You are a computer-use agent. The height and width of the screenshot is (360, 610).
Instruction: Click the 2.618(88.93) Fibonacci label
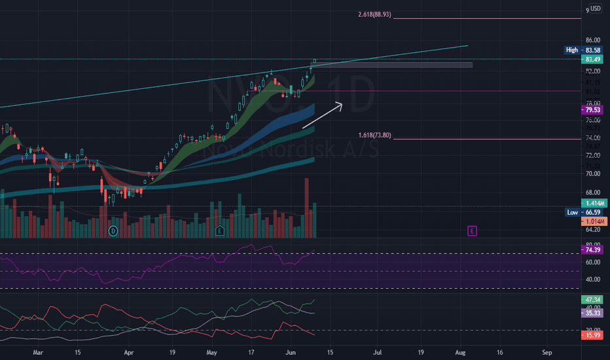[x=374, y=14]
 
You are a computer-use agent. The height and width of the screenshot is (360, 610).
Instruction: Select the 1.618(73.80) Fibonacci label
[x=374, y=135]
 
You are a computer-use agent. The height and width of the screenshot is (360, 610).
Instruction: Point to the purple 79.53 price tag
[x=594, y=110]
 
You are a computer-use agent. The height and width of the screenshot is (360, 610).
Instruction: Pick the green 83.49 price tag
[x=594, y=60]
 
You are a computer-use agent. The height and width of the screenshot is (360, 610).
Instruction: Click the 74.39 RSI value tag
[x=594, y=250]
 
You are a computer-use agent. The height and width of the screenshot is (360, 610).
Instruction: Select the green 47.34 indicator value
[x=594, y=299]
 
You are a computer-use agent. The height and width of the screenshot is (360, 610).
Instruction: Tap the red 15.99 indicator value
[x=594, y=335]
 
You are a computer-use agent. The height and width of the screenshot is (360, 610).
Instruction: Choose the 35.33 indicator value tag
[x=594, y=313]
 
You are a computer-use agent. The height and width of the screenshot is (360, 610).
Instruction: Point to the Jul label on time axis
[x=378, y=351]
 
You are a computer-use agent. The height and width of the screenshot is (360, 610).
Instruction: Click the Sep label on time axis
[x=547, y=351]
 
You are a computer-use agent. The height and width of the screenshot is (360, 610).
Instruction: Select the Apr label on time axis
[x=129, y=351]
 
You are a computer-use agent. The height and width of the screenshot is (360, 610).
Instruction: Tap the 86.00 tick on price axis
[x=594, y=41]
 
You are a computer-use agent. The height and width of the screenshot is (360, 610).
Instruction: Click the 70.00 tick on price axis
[x=594, y=174]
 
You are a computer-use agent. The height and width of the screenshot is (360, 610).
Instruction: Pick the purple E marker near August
[x=471, y=230]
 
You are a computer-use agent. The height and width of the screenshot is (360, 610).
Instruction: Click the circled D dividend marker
[x=113, y=230]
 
